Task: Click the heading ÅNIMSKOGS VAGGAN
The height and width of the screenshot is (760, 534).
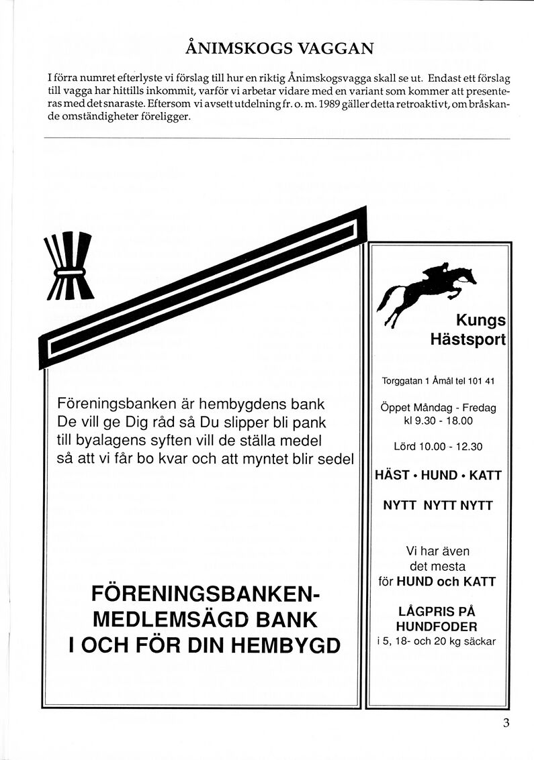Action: point(279,48)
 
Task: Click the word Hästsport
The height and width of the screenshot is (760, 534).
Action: point(468,339)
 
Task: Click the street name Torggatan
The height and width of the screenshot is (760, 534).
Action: point(402,382)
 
